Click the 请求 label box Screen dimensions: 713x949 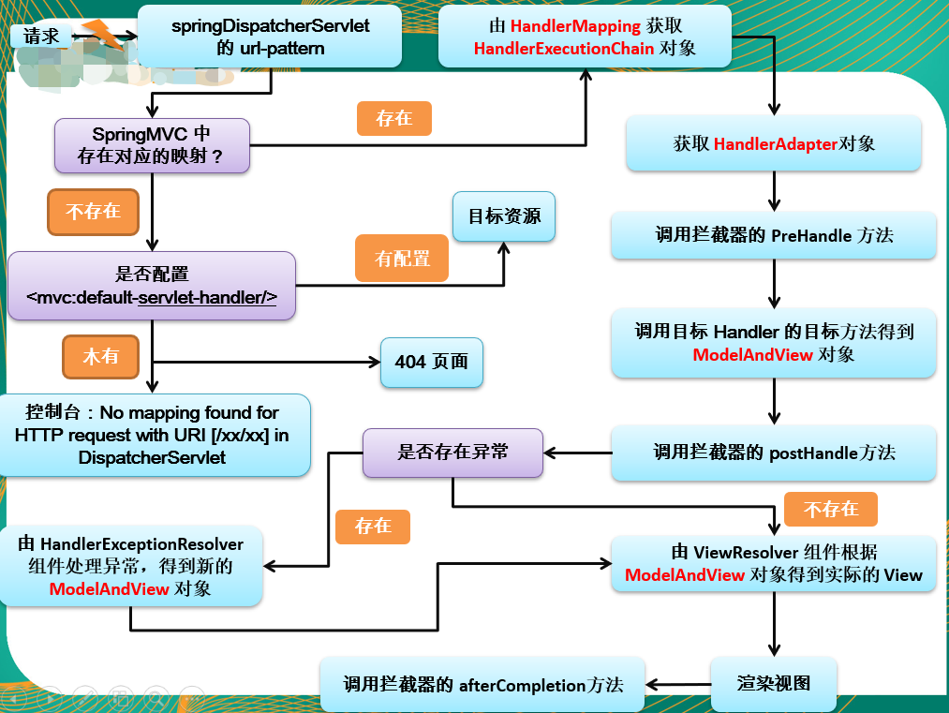pyautogui.click(x=41, y=36)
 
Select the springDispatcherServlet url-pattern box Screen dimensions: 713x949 pyautogui.click(x=271, y=37)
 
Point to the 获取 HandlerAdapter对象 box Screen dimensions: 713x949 pyautogui.click(x=774, y=143)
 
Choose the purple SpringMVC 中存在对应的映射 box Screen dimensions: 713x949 pyautogui.click(x=152, y=145)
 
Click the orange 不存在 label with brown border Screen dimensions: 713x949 pyautogui.click(x=93, y=212)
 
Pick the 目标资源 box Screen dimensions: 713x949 pyautogui.click(x=504, y=215)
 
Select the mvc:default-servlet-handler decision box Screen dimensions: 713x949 pyautogui.click(x=152, y=286)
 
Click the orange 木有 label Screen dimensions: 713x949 pyautogui.click(x=101, y=357)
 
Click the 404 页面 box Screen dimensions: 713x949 pyautogui.click(x=432, y=362)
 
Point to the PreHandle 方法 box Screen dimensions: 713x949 pyautogui.click(x=774, y=235)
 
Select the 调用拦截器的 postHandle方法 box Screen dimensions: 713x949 pyautogui.click(x=774, y=453)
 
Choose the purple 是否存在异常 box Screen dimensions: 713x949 pyautogui.click(x=452, y=453)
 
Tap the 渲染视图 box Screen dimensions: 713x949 pyautogui.click(x=773, y=682)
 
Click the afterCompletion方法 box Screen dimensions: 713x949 pyautogui.click(x=482, y=685)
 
